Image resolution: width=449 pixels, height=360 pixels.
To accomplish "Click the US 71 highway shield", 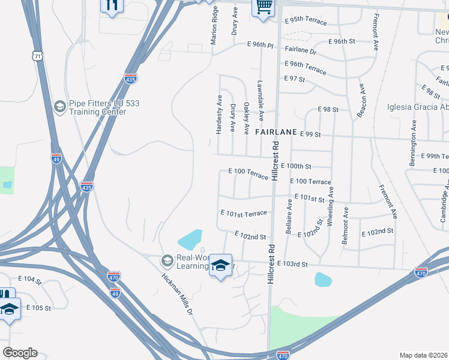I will tap(38, 55).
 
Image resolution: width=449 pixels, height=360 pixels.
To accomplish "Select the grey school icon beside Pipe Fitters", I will tap(59, 107).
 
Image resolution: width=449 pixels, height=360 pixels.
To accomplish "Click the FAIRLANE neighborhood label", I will tap(277, 131).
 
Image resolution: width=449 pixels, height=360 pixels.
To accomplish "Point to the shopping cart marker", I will tap(263, 8).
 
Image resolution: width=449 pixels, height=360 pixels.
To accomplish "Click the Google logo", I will tap(20, 353).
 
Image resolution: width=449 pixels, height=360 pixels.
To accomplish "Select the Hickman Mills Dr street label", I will tap(178, 294).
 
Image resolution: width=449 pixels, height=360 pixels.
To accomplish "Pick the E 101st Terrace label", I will tap(244, 213).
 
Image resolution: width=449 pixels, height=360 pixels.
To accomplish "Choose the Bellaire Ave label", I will tap(289, 214).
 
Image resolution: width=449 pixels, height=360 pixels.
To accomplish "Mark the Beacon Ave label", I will tap(361, 101).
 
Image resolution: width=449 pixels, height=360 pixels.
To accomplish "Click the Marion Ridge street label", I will tap(214, 26).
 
